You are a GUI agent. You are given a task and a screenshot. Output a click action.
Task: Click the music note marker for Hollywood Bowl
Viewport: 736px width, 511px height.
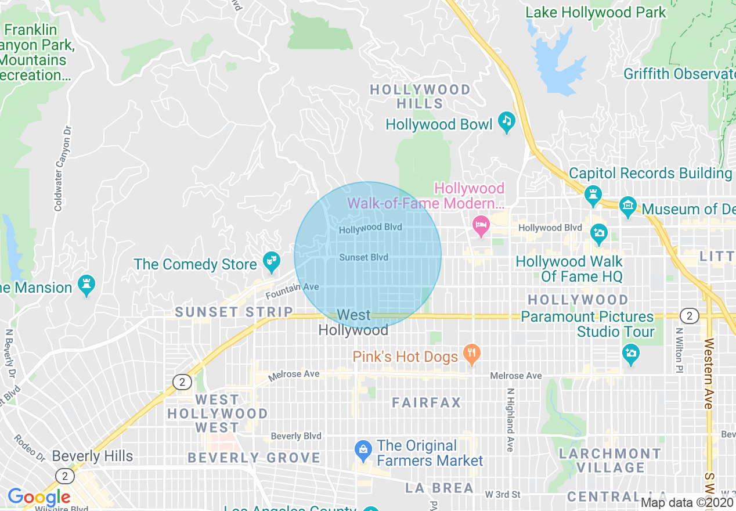(x=507, y=121)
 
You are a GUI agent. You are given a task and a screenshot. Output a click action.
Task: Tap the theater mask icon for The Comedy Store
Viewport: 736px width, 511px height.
(x=271, y=262)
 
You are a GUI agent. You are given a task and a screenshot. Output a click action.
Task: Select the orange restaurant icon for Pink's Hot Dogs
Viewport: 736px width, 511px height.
(x=472, y=354)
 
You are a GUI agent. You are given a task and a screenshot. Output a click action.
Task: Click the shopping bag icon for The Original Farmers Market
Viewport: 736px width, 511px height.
(x=363, y=449)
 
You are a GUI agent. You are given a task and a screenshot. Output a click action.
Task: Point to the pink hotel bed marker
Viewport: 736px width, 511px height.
(x=481, y=225)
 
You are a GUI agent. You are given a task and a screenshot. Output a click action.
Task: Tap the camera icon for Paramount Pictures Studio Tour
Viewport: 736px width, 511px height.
(x=630, y=352)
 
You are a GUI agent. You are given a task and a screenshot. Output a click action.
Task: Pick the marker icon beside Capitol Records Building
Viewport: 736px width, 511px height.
(x=593, y=195)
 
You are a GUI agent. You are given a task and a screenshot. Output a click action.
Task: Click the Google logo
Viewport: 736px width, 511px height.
(x=39, y=497)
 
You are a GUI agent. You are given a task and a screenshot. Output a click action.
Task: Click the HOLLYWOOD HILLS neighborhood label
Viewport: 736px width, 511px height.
(x=420, y=96)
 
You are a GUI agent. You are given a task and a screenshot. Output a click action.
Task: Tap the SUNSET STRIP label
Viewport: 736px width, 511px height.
(x=234, y=312)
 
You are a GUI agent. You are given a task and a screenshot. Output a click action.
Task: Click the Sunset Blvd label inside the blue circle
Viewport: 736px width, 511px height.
(x=363, y=257)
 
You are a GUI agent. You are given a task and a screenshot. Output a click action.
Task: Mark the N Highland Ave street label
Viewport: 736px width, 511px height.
(x=510, y=420)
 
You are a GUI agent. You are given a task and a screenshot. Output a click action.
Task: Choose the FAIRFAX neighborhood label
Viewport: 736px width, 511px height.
(x=427, y=402)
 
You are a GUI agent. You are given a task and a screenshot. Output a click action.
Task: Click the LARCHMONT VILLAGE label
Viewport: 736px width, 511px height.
(x=610, y=460)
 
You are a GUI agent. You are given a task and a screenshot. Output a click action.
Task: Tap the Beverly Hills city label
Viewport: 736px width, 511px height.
(x=92, y=456)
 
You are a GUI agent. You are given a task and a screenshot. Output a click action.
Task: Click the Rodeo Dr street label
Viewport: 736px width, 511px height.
(x=30, y=448)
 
